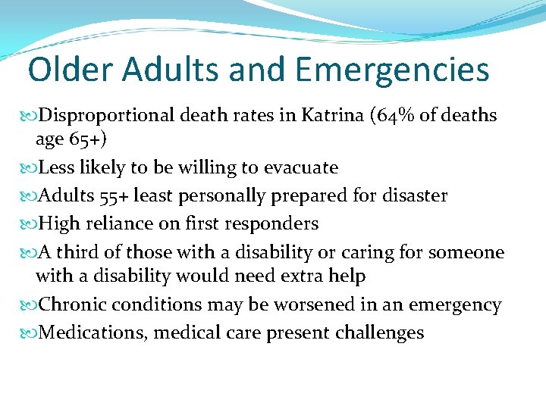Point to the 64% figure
(400, 115)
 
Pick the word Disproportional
(108, 115)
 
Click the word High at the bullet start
(58, 223)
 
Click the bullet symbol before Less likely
(30, 167)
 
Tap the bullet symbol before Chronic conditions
(30, 305)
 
